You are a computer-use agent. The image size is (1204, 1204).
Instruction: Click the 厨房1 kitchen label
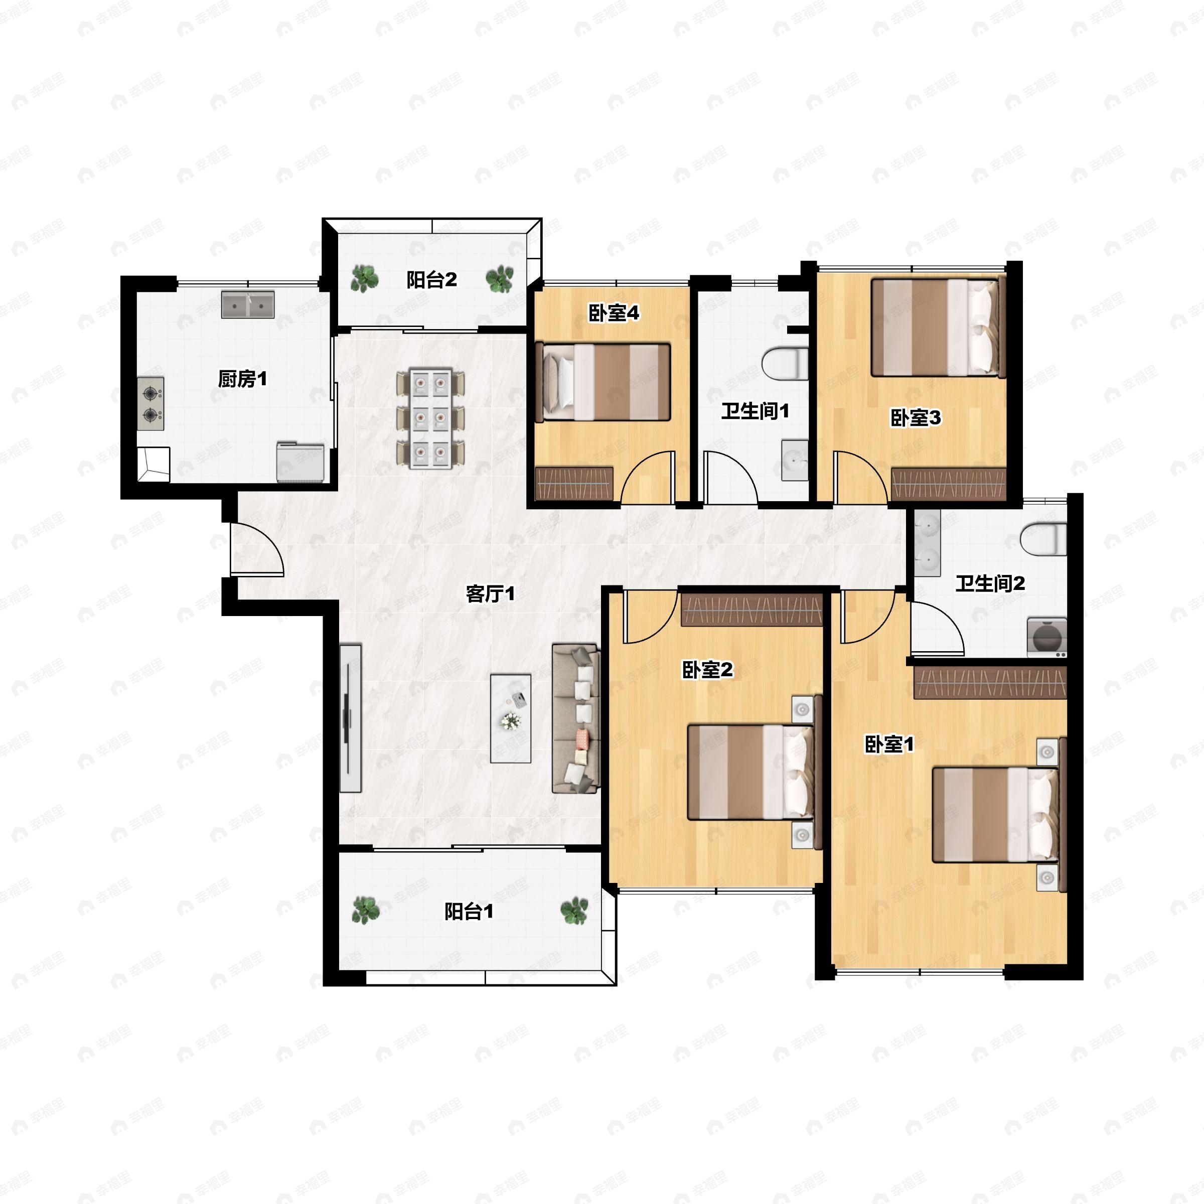242,378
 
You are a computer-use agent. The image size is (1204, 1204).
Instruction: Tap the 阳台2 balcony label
432,280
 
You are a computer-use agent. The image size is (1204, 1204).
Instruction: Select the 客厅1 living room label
491,594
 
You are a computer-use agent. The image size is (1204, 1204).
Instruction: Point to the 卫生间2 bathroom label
990,583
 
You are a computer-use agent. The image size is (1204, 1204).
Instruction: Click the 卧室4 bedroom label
614,313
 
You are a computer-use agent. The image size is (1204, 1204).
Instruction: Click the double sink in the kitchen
248,305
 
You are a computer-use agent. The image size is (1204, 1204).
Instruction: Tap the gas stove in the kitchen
151,404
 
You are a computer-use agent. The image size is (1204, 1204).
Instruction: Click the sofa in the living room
576,718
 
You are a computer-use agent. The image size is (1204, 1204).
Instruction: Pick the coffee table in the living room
510,718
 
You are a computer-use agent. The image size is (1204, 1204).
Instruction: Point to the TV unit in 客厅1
350,718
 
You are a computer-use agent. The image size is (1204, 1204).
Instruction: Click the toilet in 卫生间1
785,364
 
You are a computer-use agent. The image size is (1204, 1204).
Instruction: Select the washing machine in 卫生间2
1047,637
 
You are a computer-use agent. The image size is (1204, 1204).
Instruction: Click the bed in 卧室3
939,327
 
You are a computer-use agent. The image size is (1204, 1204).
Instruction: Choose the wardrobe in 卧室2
751,610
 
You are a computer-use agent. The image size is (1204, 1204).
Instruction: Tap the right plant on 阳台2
500,279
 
